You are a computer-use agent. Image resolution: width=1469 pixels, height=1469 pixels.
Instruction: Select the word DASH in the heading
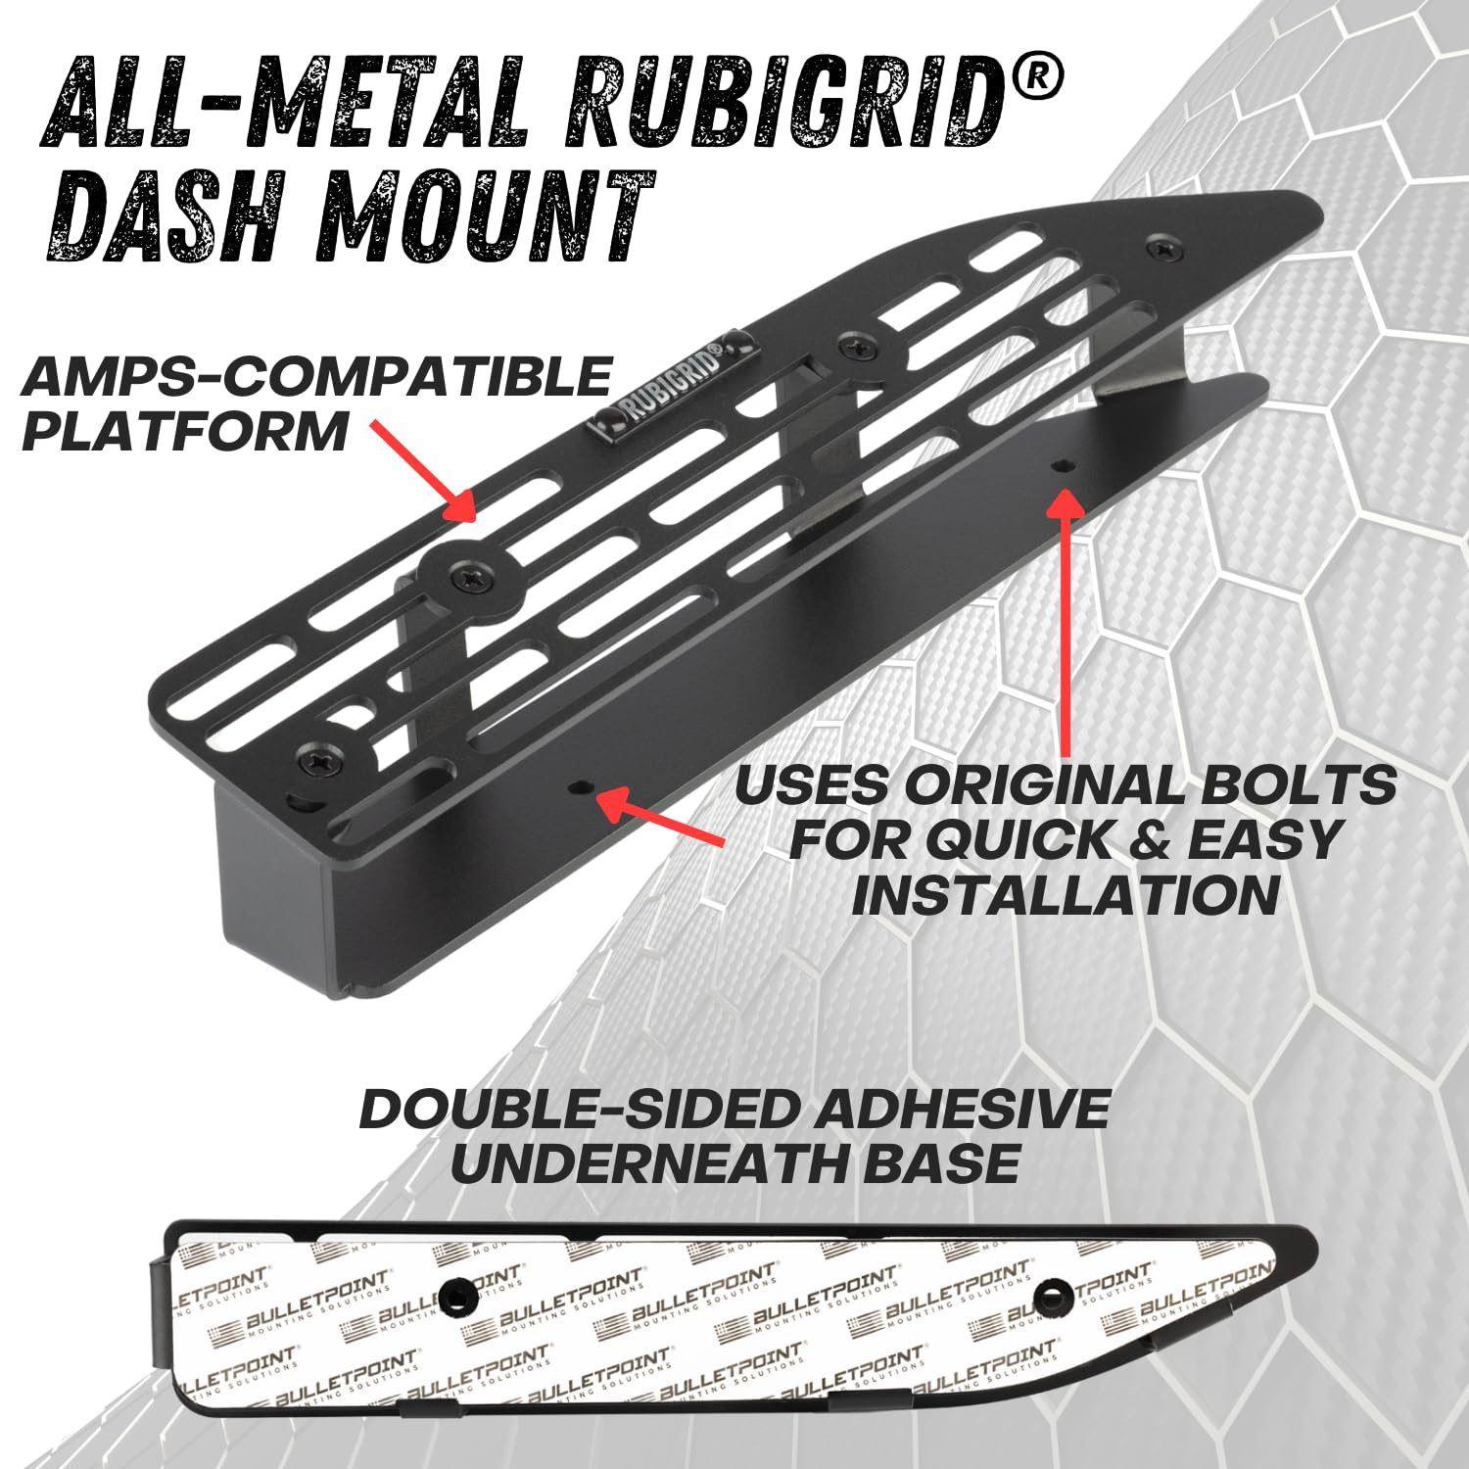tap(171, 217)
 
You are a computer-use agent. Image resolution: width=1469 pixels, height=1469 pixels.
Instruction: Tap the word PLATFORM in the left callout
tap(185, 432)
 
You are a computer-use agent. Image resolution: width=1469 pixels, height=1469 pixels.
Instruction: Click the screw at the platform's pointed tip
tap(1163, 249)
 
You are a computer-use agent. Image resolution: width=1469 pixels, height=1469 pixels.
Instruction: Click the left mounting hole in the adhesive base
tap(457, 1297)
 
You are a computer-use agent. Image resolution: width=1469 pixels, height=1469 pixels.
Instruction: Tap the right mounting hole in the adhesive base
tap(1053, 1296)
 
